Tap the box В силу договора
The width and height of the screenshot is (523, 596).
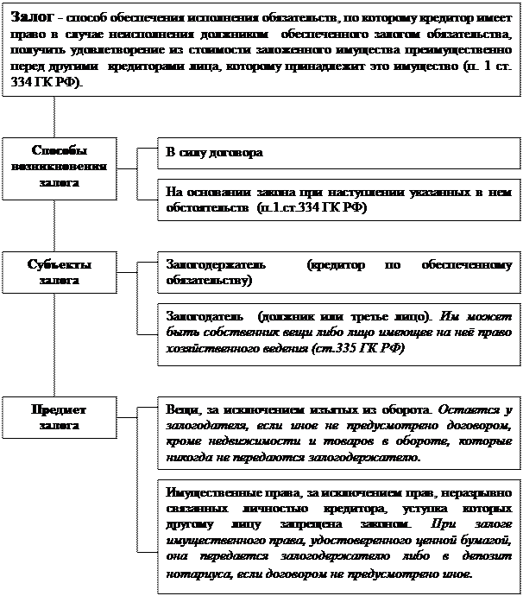tap(338, 153)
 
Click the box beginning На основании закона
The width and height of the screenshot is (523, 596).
tap(338, 200)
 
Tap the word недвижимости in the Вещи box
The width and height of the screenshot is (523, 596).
tap(250, 441)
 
